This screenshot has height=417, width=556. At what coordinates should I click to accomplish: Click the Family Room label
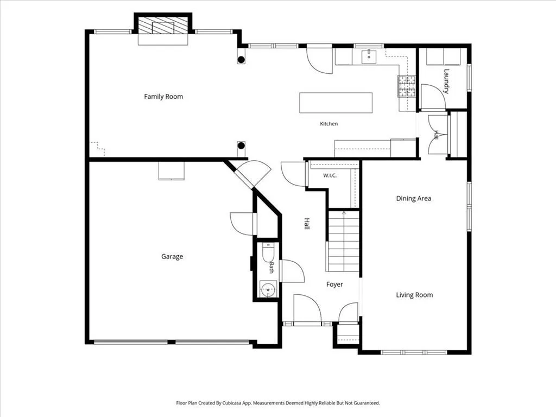point(163,97)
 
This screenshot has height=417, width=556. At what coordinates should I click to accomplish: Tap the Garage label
point(172,256)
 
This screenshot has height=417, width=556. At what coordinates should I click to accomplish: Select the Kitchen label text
point(328,124)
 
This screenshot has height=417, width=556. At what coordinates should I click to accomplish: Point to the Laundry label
point(446,81)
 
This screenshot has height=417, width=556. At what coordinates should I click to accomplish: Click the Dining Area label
point(413,198)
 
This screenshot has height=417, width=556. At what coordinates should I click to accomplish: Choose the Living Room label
point(414,295)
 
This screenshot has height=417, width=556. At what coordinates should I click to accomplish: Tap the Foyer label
point(334,285)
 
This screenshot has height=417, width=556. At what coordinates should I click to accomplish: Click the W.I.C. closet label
point(330,175)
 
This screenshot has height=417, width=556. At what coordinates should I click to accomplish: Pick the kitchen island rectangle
point(336,103)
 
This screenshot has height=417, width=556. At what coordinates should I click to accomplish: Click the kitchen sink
point(369,56)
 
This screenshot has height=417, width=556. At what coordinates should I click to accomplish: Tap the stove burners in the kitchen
point(406,86)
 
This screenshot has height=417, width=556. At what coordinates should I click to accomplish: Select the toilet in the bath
point(268,252)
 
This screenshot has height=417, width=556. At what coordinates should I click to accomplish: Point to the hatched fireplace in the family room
point(163,26)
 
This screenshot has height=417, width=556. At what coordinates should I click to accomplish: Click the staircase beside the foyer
point(344,242)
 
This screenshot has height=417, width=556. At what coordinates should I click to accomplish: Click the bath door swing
point(292,271)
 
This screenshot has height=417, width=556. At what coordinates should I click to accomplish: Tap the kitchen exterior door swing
point(319,61)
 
